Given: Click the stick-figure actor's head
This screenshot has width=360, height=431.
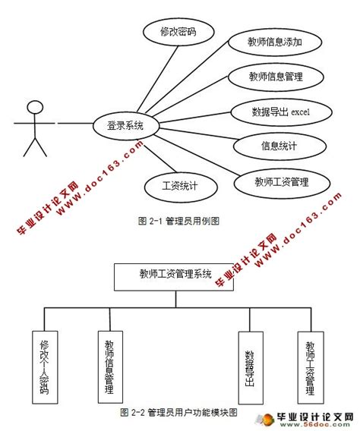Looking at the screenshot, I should tap(33, 106).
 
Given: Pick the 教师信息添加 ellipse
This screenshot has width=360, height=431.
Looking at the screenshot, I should tap(276, 42).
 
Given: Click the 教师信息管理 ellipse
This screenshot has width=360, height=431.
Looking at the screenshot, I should tap(276, 77).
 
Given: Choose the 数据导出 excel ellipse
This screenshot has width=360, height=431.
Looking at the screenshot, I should tap(281, 112).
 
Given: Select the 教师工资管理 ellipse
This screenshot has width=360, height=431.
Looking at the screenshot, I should tap(282, 181).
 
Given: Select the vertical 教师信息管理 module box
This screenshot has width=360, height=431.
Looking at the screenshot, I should tap(110, 366).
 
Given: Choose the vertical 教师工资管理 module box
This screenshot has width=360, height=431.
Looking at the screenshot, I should tap(310, 366).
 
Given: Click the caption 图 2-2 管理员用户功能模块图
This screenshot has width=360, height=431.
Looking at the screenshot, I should tap(179, 413).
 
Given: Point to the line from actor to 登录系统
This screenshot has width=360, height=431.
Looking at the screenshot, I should tap(71, 122).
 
